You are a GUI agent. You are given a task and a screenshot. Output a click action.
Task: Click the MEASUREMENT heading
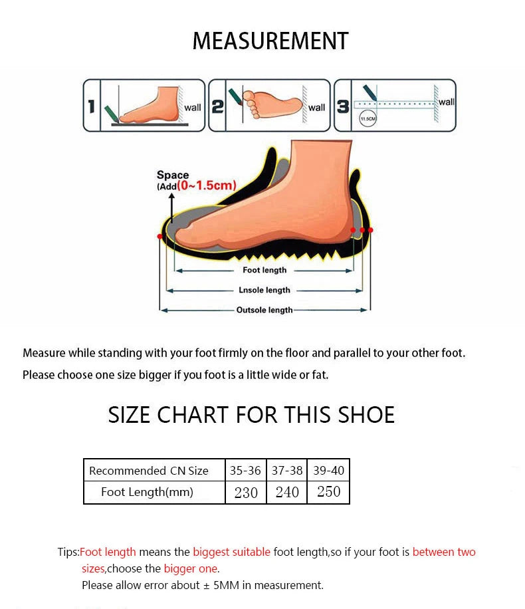point(270,41)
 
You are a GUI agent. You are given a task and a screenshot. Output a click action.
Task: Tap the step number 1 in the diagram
point(92,106)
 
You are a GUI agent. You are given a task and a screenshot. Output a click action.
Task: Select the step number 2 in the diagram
point(217,106)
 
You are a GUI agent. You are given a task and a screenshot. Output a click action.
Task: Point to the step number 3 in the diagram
point(343,106)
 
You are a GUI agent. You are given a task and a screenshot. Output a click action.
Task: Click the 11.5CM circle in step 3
point(367,118)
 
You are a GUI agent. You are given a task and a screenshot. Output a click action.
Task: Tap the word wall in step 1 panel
point(193,108)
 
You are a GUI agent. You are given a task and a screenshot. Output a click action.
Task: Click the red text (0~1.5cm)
point(207,185)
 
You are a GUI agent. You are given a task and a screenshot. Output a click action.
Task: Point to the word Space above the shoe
point(173,175)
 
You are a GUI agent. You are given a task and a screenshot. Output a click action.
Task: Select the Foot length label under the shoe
point(264,270)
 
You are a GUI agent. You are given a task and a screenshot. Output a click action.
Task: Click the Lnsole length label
point(264,290)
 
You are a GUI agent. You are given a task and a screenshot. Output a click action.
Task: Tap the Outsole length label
point(264,310)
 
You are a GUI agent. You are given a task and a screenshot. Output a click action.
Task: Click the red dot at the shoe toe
point(159,236)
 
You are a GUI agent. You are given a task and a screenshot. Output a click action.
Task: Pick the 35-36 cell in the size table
point(245,470)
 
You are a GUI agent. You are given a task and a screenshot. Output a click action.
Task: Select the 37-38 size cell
point(287,470)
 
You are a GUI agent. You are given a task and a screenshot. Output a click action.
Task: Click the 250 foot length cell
point(328,492)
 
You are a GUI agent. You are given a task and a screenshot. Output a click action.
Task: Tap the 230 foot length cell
point(246,493)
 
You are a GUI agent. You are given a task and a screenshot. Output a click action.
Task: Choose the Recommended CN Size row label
point(149,471)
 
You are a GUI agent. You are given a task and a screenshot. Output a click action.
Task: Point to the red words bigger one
point(190,568)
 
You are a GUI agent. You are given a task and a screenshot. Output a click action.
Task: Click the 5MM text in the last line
point(226,585)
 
